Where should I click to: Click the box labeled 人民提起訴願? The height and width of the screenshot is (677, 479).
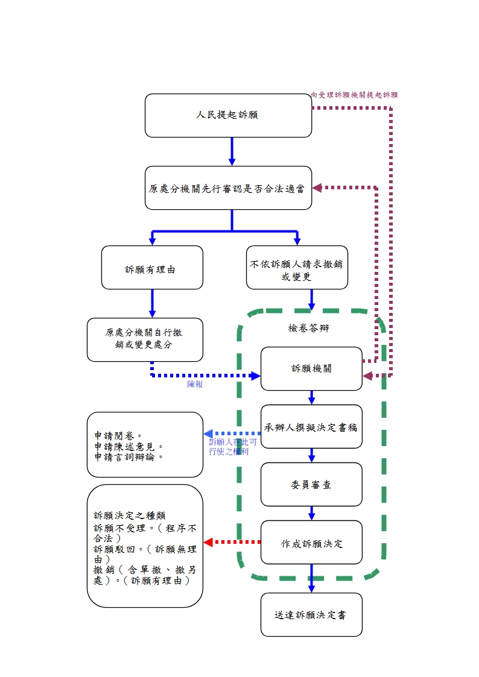tap(228, 115)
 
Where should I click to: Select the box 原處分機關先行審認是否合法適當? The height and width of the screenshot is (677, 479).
tap(228, 188)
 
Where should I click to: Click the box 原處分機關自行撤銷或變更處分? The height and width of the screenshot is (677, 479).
tap(145, 339)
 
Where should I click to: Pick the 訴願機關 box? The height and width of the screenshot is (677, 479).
tap(311, 368)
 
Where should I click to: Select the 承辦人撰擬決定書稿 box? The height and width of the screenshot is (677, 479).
tap(311, 427)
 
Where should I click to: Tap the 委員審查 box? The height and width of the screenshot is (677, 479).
tap(311, 484)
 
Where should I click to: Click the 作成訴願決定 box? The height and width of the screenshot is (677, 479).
tap(311, 543)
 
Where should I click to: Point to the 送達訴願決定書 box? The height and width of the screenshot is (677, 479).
tap(311, 614)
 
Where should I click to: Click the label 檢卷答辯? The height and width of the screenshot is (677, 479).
tap(308, 329)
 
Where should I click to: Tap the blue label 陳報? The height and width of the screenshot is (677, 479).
tap(195, 384)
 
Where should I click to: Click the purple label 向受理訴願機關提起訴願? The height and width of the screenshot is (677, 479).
tap(355, 95)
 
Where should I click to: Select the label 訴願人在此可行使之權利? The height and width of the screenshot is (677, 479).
tap(233, 447)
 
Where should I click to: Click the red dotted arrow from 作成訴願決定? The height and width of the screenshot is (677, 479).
tap(232, 542)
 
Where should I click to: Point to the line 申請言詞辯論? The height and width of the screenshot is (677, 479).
tap(129, 456)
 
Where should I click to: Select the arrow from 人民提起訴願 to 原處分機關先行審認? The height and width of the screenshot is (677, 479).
tap(232, 151)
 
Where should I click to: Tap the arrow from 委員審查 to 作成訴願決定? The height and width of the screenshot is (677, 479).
tap(311, 513)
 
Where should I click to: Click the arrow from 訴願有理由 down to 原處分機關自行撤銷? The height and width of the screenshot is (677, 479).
tap(152, 303)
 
